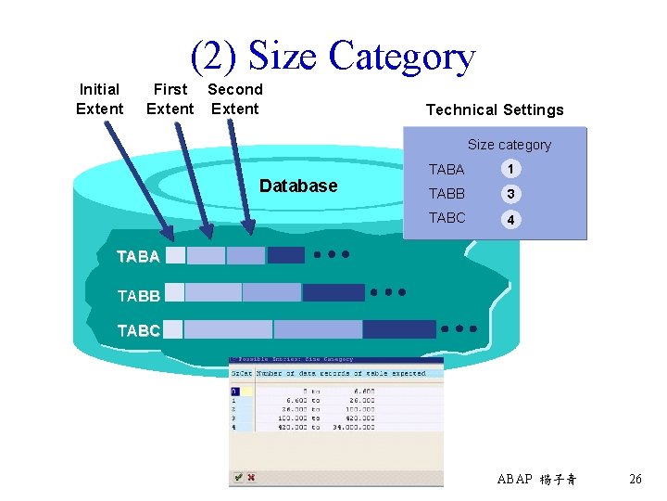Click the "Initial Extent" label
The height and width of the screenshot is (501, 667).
(x=99, y=99)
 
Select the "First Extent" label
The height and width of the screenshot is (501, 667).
(x=170, y=99)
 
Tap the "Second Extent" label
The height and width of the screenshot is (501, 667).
(x=235, y=99)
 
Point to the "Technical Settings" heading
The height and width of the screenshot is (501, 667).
(x=495, y=109)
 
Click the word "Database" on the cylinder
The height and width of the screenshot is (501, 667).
(x=298, y=186)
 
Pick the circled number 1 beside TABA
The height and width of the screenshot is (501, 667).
(x=510, y=170)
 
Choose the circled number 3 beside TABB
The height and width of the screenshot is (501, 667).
(x=510, y=194)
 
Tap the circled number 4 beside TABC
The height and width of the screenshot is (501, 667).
(x=510, y=220)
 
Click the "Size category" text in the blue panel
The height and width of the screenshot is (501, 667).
(x=509, y=145)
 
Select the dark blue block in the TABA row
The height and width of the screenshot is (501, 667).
(x=285, y=255)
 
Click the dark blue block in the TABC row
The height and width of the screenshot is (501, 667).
(x=398, y=329)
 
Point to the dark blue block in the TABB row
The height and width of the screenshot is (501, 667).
(x=333, y=292)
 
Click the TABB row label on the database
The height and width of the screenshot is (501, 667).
(x=138, y=296)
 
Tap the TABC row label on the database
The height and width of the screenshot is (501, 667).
(x=138, y=330)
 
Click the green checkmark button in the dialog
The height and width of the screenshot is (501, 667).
(x=238, y=477)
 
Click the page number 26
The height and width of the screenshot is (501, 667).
(x=636, y=480)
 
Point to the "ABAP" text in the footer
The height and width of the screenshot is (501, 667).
(x=515, y=480)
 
